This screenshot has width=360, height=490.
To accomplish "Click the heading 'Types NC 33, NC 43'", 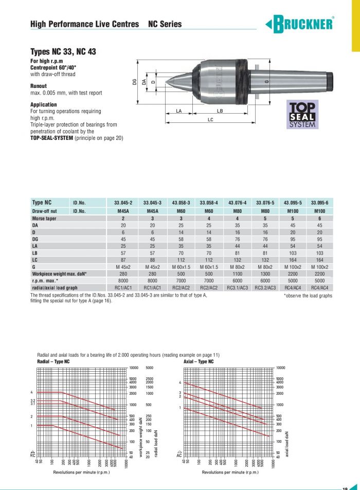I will click(x=63, y=51).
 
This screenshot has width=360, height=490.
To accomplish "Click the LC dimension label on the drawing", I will click(x=210, y=119).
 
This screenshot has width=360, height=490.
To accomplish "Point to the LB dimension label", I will click(x=220, y=111).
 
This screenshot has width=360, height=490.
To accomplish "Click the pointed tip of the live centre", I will click(x=163, y=81).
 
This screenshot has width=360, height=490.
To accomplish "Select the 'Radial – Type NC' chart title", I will click(x=53, y=361).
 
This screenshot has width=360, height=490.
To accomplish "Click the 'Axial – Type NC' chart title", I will click(x=199, y=361).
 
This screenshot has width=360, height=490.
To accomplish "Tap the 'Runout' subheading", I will click(x=39, y=86).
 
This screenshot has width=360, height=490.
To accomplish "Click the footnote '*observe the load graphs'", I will click(x=308, y=296).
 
